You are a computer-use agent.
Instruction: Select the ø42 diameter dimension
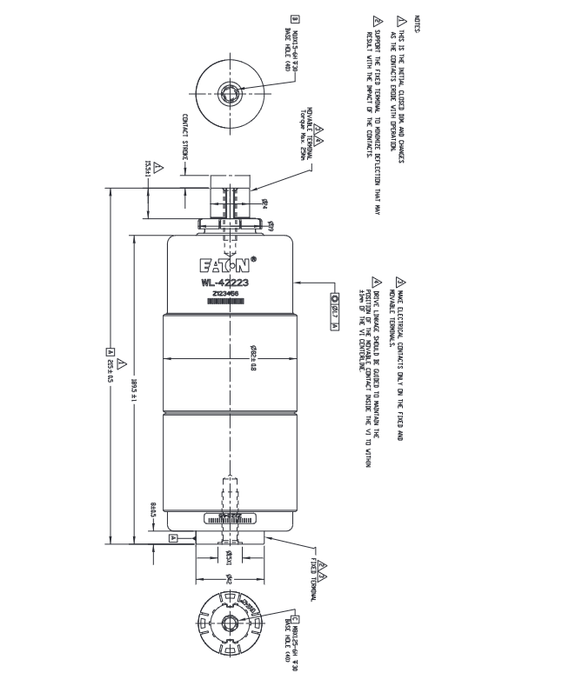click(229, 577)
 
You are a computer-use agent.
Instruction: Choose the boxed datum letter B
click(296, 18)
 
